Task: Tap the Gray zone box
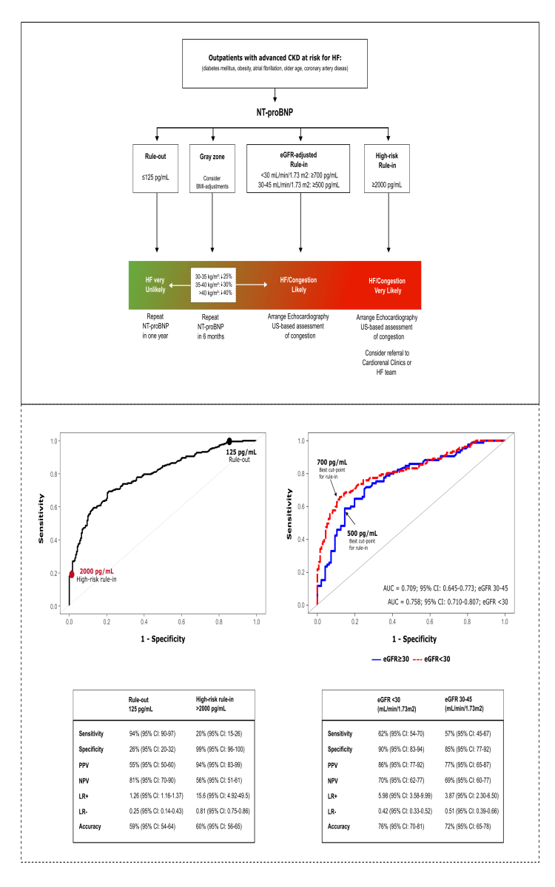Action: tap(212, 169)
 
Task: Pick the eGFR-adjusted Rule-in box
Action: tap(300, 169)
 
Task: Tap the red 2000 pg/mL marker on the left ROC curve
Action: tap(72, 574)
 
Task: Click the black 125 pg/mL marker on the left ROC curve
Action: tap(229, 441)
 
